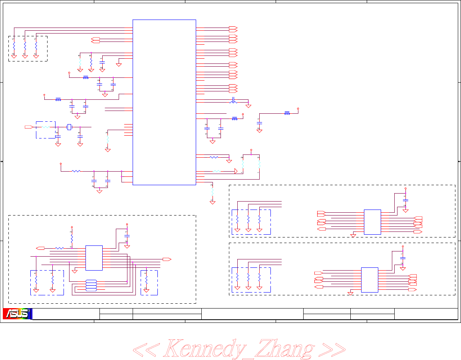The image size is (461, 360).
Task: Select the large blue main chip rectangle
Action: [164, 102]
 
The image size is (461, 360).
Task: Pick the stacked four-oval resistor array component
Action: [91, 285]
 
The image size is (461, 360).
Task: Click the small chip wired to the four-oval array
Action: [94, 258]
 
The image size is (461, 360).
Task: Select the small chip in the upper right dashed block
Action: [372, 222]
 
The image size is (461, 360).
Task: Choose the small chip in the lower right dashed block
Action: [370, 280]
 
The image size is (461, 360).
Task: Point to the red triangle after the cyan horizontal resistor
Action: [236, 171]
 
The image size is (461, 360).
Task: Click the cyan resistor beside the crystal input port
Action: [46, 127]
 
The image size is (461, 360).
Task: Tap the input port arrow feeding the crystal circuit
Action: [28, 127]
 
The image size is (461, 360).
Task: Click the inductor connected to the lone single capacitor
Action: [287, 113]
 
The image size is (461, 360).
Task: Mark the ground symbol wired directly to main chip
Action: [119, 64]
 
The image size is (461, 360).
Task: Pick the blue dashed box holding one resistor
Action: [149, 283]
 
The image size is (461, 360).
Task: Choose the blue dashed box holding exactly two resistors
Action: [47, 283]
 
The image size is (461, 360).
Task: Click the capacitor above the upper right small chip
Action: [405, 199]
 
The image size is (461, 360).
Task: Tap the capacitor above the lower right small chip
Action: [403, 258]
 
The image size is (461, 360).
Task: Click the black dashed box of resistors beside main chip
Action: [28, 49]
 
